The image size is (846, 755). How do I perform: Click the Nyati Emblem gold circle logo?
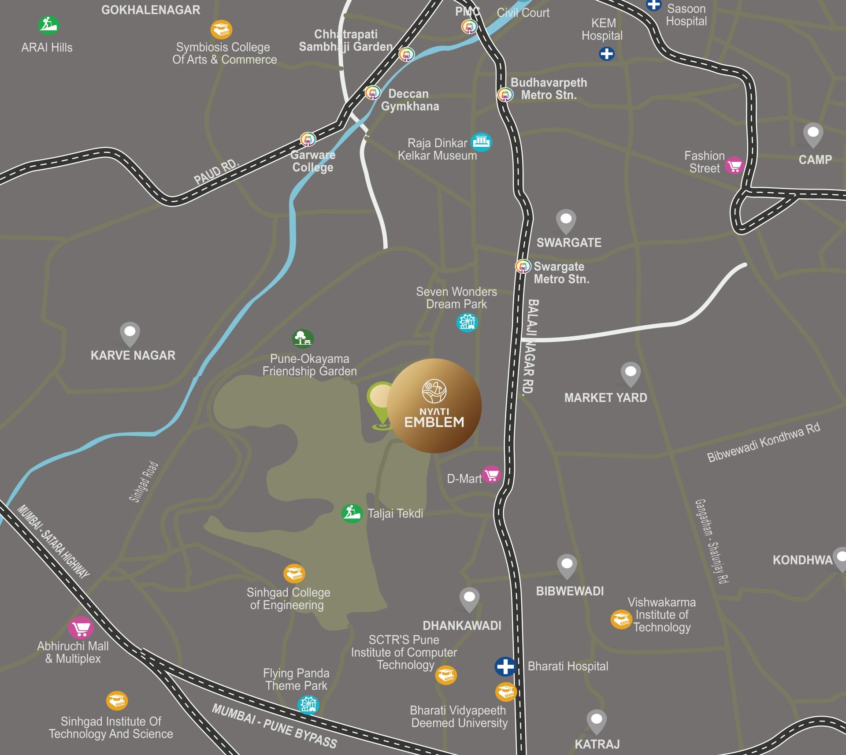click(x=434, y=405)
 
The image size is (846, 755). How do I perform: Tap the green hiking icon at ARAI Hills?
click(x=48, y=25)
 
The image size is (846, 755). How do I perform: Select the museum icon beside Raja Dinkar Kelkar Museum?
click(x=481, y=142)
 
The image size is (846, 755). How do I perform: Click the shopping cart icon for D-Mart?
click(x=491, y=475)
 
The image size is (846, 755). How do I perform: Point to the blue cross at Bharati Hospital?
click(x=505, y=666)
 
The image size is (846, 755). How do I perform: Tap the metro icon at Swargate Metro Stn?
click(x=523, y=266)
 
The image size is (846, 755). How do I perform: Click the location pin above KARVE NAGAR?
click(x=130, y=334)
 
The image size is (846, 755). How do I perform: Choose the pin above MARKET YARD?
click(x=631, y=374)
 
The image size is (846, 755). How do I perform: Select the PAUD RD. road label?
click(x=216, y=171)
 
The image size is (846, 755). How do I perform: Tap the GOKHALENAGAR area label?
click(x=151, y=10)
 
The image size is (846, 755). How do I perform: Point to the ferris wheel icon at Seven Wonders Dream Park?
click(x=467, y=323)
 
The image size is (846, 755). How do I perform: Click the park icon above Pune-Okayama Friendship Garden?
click(x=303, y=339)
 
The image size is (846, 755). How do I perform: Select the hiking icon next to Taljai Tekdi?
click(x=352, y=513)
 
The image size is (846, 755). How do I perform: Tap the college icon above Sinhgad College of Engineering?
click(x=294, y=573)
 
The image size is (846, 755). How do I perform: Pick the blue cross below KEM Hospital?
click(x=607, y=54)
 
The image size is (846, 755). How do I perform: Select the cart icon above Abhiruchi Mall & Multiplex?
click(x=81, y=629)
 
